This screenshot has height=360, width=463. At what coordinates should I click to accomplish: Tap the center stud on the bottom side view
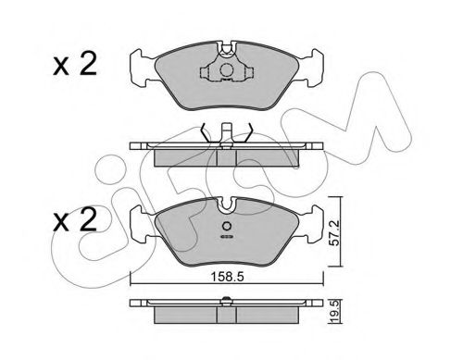(x=227, y=298)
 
